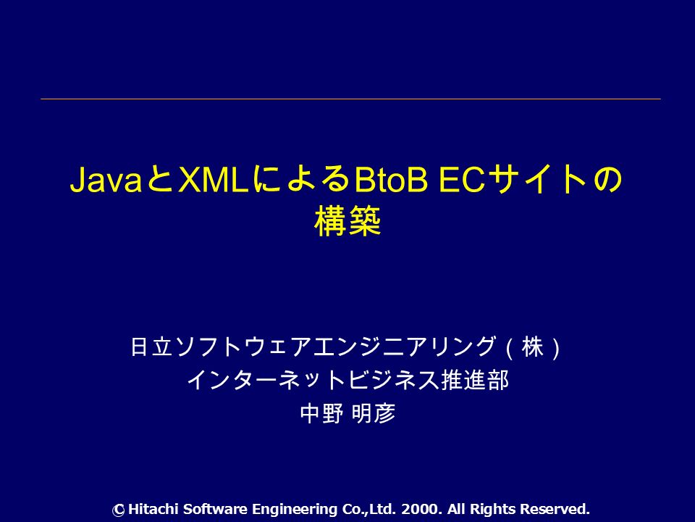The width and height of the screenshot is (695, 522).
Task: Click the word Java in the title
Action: (x=106, y=180)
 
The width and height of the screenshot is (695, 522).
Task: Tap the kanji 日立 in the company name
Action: (x=151, y=347)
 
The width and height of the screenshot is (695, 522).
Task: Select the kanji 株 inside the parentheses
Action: (x=532, y=347)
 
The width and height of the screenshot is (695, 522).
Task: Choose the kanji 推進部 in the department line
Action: (x=475, y=380)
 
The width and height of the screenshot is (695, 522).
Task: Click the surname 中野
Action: (x=321, y=413)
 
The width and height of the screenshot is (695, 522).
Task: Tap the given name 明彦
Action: (x=374, y=413)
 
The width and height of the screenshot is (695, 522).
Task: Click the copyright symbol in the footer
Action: (x=118, y=510)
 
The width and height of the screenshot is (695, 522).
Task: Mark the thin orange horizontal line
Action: (x=350, y=99)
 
